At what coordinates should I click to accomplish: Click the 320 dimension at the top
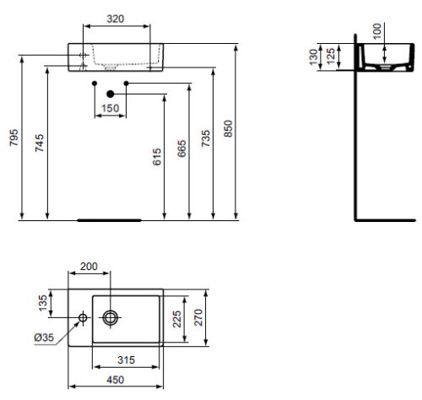[x=116, y=19]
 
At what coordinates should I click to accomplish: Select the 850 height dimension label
[x=228, y=128]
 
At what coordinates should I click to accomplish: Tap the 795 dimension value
[x=14, y=138]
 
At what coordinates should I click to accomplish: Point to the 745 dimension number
[x=40, y=143]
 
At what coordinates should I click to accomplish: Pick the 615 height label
[x=157, y=157]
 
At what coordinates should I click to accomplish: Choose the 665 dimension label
[x=181, y=149]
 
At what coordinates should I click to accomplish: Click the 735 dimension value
[x=205, y=138]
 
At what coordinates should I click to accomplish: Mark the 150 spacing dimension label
[x=110, y=108]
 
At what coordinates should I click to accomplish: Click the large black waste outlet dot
[x=111, y=94]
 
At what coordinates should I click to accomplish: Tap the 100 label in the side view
[x=376, y=31]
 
